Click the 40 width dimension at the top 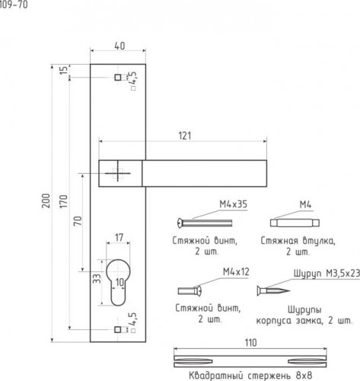point(119,46)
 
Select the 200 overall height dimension point(46,200)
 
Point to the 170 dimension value point(64,201)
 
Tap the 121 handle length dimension point(185,136)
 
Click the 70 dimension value point(78,220)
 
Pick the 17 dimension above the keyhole point(119,238)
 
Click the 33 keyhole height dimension point(97,278)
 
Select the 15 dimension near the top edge point(64,70)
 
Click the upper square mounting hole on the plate point(118,77)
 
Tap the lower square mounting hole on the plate point(117,329)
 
